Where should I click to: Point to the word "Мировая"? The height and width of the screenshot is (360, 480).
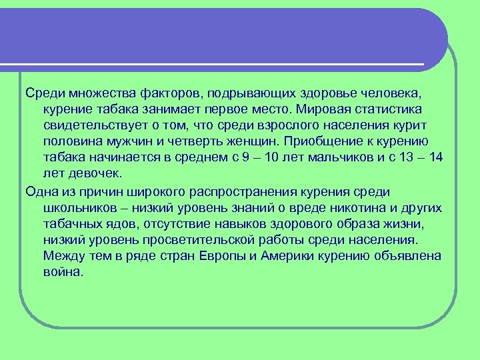[327, 108]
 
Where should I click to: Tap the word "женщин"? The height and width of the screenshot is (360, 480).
[251, 141]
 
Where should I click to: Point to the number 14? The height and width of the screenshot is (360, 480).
[435, 157]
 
